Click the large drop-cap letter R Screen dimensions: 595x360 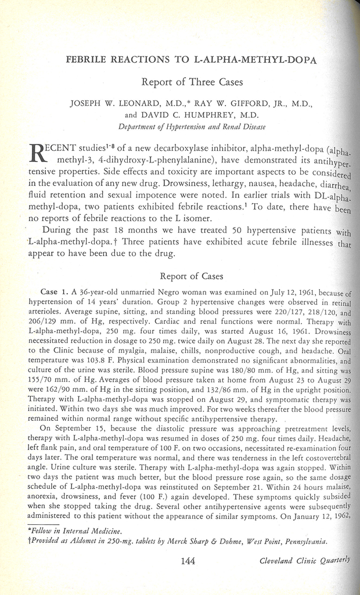38,154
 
